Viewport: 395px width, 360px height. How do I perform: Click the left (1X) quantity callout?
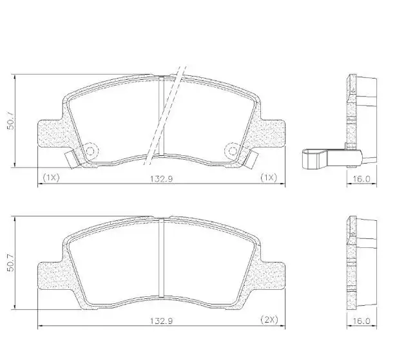(x=51, y=176)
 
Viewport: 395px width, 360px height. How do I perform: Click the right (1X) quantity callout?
(x=268, y=176)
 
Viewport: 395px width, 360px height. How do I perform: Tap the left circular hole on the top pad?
(x=90, y=151)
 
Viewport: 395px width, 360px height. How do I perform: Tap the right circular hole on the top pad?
(x=231, y=151)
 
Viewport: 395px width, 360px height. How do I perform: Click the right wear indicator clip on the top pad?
(x=249, y=156)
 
